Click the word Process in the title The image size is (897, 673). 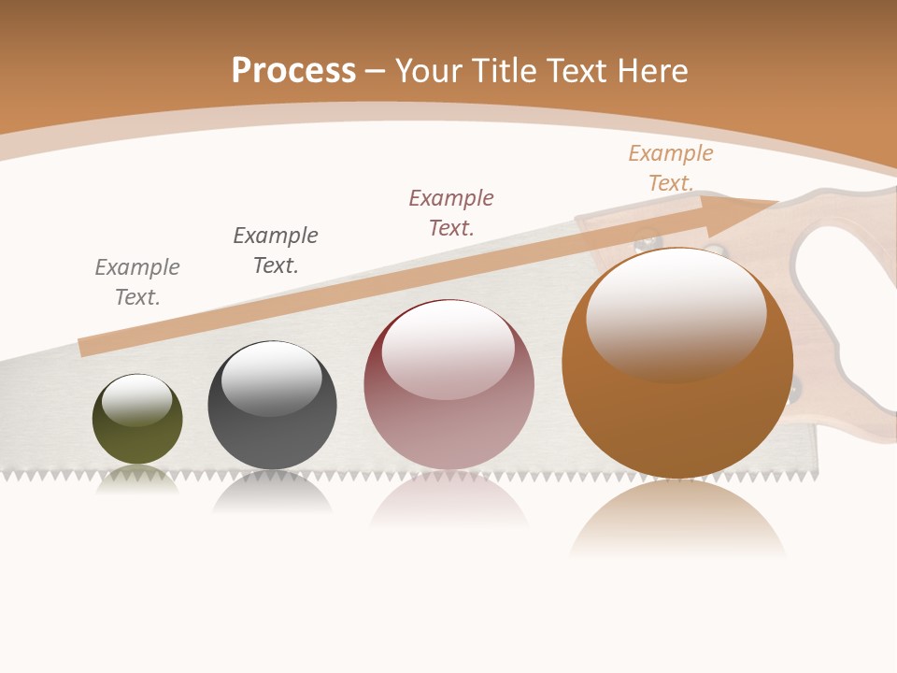[293, 71]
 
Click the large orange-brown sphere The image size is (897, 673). [677, 374]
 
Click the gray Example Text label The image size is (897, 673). [137, 282]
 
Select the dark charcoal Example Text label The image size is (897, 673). [276, 250]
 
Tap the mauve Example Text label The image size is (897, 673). [451, 212]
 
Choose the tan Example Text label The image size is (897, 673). [671, 167]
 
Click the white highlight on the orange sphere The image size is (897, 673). [676, 313]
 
